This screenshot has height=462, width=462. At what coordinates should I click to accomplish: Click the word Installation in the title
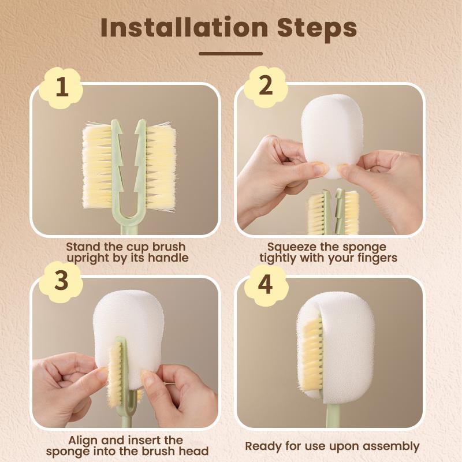click(183, 28)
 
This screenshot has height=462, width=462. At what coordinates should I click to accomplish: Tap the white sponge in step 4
click(346, 346)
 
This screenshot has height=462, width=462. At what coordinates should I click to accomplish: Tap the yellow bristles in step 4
click(312, 358)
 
